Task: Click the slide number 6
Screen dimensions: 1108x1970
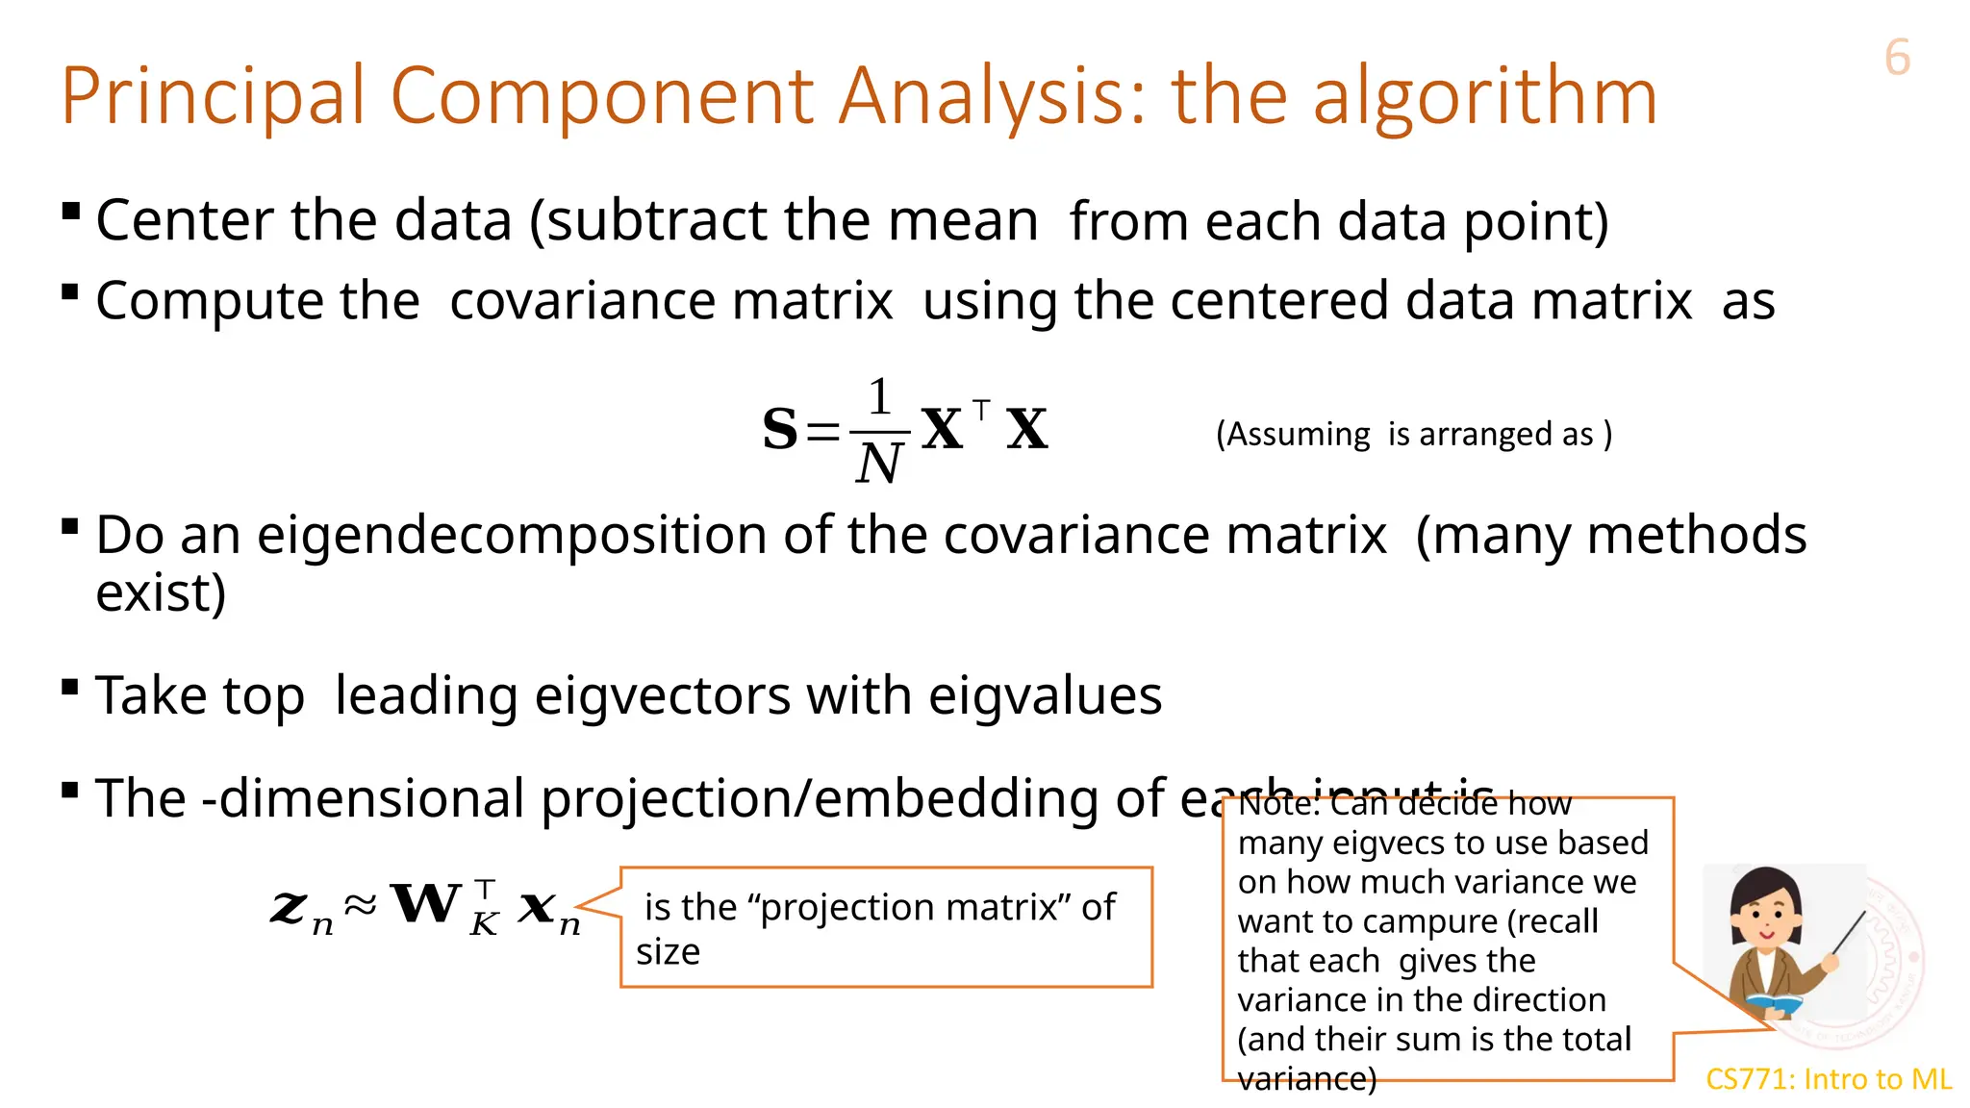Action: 1897,58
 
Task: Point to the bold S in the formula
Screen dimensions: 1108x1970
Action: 780,429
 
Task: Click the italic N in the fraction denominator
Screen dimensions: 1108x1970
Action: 878,465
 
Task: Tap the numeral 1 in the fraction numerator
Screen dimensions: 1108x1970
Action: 879,396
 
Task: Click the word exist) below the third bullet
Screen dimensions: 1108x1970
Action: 161,592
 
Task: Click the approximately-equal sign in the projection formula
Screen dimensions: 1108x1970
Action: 361,904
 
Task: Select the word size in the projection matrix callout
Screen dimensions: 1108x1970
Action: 668,952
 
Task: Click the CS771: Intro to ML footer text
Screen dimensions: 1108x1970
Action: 1829,1079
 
